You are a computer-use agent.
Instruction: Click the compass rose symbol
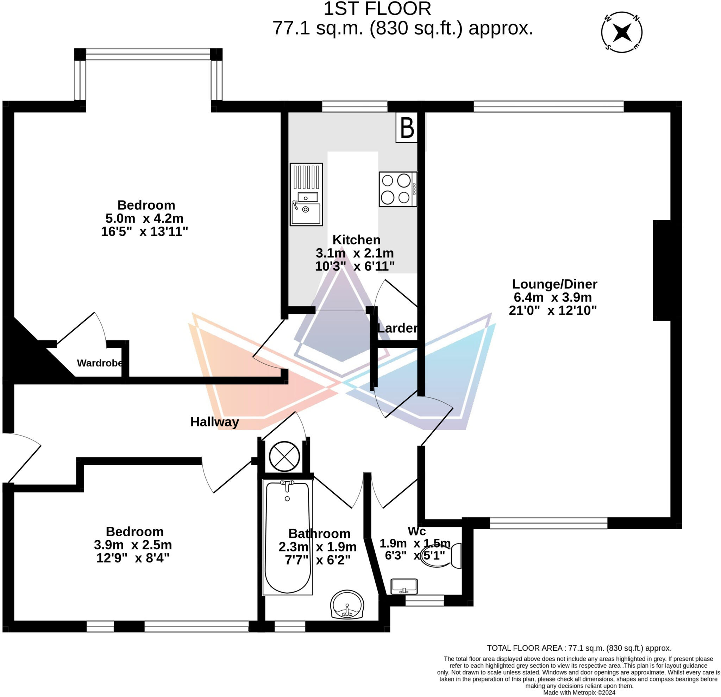pyautogui.click(x=621, y=32)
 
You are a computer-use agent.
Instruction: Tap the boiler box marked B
pyautogui.click(x=407, y=128)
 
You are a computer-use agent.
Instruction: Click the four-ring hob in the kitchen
pyautogui.click(x=398, y=189)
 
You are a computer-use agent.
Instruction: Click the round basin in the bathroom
pyautogui.click(x=347, y=604)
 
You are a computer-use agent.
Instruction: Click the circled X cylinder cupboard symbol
pyautogui.click(x=284, y=456)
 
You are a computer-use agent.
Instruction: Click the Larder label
pyautogui.click(x=397, y=328)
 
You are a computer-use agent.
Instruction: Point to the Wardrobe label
pyautogui.click(x=100, y=363)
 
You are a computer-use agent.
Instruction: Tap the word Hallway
pyautogui.click(x=214, y=422)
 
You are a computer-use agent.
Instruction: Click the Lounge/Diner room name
pyautogui.click(x=554, y=284)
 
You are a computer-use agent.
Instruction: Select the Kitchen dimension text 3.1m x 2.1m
pyautogui.click(x=355, y=253)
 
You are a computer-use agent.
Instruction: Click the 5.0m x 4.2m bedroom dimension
pyautogui.click(x=144, y=218)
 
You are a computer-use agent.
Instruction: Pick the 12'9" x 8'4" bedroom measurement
pyautogui.click(x=133, y=558)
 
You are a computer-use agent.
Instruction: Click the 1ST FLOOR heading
pyautogui.click(x=377, y=9)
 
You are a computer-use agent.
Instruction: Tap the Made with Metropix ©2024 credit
pyautogui.click(x=579, y=692)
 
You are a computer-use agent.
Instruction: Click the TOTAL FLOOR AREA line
pyautogui.click(x=579, y=648)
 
